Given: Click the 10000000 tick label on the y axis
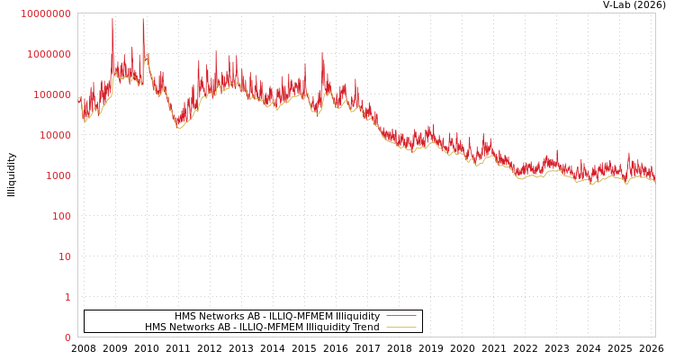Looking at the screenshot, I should (45, 13).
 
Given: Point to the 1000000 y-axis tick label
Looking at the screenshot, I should (49, 54).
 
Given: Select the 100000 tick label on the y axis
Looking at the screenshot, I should (51, 94).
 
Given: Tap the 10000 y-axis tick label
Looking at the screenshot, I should (54, 135).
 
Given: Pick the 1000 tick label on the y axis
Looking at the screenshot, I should (57, 175).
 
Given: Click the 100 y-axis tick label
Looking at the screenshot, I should (60, 216).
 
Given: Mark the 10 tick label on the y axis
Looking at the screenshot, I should (65, 256).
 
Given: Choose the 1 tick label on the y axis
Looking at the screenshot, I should (67, 297).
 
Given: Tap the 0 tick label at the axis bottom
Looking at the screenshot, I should (67, 337).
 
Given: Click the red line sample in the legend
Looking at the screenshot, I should (400, 316).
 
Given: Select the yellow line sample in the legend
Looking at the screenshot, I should (400, 327).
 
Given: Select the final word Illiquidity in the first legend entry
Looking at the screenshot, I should (357, 317).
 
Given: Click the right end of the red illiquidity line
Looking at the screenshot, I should (654, 177).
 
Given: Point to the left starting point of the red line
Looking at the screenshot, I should (78, 98).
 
